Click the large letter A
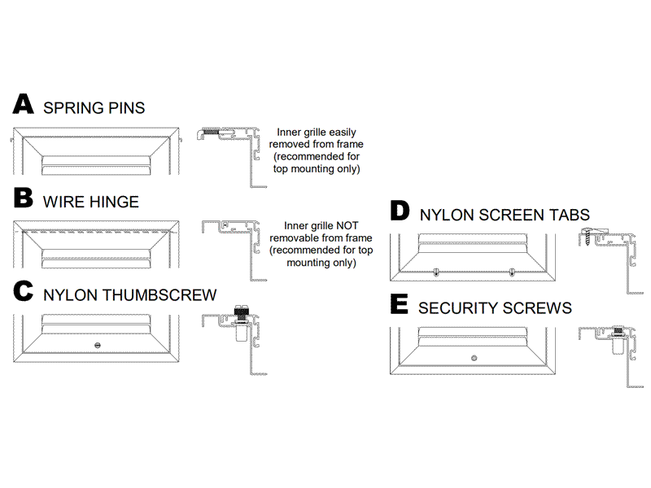click(x=24, y=105)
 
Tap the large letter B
click(x=24, y=198)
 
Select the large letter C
click(x=24, y=293)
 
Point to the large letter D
click(x=400, y=211)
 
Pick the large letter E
click(x=399, y=305)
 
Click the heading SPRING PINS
click(x=94, y=107)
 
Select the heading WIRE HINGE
click(x=90, y=201)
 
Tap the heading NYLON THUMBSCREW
click(x=129, y=295)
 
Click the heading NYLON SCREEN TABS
click(x=505, y=216)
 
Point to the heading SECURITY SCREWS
click(x=495, y=308)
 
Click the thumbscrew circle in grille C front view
click(x=98, y=345)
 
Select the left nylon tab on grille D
click(x=436, y=272)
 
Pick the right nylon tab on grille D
click(x=512, y=272)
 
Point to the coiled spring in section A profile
click(x=212, y=133)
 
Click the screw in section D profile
click(x=592, y=237)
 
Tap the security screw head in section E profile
click(x=618, y=330)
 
